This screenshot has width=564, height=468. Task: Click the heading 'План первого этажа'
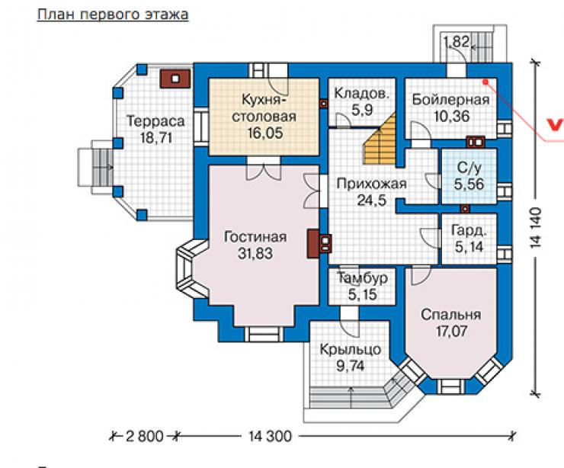113,14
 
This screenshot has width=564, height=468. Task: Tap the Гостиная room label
255,237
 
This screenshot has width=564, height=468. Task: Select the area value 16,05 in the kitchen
264,133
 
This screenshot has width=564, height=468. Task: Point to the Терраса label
155,121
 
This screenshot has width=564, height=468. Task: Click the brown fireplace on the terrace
175,79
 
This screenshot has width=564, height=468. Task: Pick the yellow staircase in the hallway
381,140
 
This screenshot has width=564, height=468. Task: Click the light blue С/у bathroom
469,176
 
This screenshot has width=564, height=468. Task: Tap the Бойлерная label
450,99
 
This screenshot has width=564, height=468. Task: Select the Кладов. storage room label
362,94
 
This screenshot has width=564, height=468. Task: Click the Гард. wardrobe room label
469,230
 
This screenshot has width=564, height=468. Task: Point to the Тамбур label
362,277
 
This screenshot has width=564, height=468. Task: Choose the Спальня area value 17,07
451,331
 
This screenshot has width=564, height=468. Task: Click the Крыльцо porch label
351,350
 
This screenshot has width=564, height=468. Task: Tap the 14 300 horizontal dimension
270,436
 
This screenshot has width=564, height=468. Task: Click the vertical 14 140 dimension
536,227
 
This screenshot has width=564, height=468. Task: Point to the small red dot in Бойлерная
485,82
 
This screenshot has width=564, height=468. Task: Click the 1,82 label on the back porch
457,42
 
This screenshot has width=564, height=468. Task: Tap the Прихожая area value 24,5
372,200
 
